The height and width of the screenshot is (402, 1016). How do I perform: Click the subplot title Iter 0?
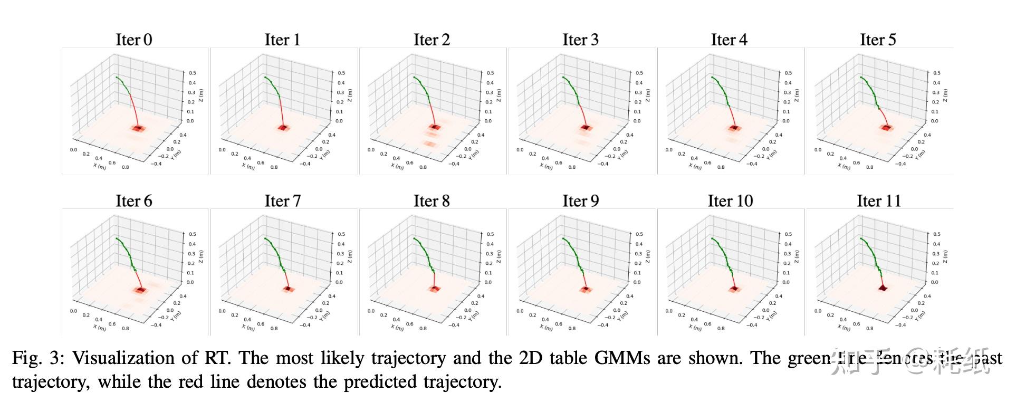pyautogui.click(x=133, y=40)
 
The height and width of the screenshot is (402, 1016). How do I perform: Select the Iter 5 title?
pyautogui.click(x=878, y=40)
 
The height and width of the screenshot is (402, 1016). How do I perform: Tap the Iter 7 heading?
pyautogui.click(x=282, y=201)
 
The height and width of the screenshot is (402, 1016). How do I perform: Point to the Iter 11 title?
pyautogui.click(x=878, y=201)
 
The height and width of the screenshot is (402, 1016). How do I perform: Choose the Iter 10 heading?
pyautogui.click(x=730, y=201)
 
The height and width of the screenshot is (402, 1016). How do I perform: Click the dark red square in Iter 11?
pyautogui.click(x=883, y=288)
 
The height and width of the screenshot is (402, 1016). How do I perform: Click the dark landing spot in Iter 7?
pyautogui.click(x=287, y=289)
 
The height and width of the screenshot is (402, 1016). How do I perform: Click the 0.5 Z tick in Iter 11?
pyautogui.click(x=936, y=234)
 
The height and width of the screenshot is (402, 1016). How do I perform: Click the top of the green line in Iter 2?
pyautogui.click(x=414, y=77)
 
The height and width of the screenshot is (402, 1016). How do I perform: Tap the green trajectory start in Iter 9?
pyautogui.click(x=563, y=238)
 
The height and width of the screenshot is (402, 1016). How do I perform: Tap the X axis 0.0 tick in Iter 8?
pyautogui.click(x=371, y=311)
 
